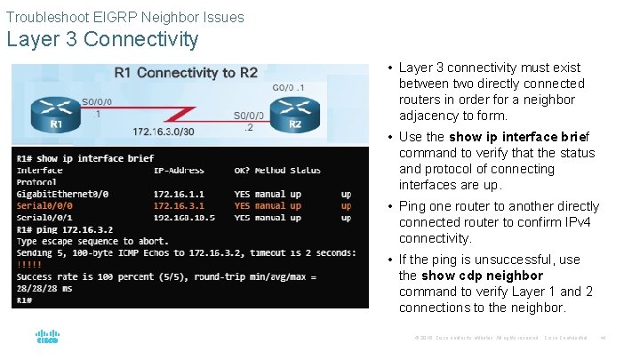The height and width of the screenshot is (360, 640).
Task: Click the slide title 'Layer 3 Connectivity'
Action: click(x=102, y=40)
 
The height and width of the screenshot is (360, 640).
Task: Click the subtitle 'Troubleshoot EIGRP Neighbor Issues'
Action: click(x=124, y=17)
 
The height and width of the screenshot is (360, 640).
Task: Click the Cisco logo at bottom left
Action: click(x=47, y=338)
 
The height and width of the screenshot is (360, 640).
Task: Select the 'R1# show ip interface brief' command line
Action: click(x=85, y=158)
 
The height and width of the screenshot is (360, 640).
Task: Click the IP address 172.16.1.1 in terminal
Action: click(x=179, y=194)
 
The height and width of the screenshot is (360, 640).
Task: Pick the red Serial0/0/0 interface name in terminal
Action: click(x=44, y=205)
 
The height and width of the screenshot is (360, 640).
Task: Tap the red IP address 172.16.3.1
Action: click(x=179, y=205)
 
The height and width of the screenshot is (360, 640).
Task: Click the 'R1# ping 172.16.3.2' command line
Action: click(x=65, y=229)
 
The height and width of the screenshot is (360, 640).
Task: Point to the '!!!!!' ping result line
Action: click(x=29, y=264)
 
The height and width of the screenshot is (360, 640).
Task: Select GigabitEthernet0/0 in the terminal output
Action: click(x=62, y=194)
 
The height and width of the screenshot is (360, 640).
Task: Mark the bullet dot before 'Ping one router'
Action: click(x=391, y=206)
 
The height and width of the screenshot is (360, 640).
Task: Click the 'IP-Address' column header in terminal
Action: click(x=179, y=171)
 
